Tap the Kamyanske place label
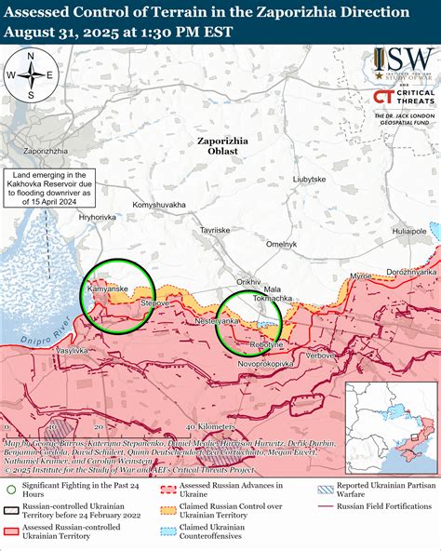tap(107, 289)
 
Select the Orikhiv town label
tap(248, 280)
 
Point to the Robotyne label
tap(266, 344)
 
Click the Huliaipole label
tap(408, 228)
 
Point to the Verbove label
tap(321, 356)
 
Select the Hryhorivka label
tap(98, 217)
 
